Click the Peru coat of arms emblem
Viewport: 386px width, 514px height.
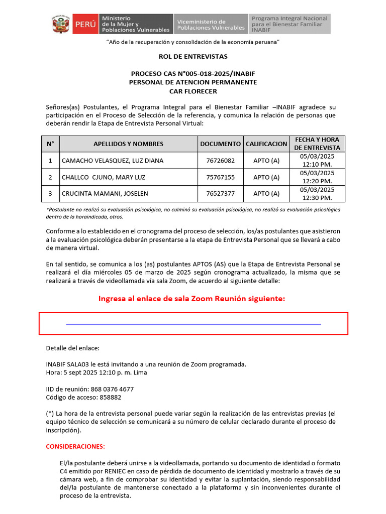pos(61,24)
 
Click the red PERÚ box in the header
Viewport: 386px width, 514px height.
pos(85,24)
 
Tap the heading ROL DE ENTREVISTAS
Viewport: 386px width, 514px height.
pos(193,56)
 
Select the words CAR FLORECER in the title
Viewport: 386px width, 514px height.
pos(193,91)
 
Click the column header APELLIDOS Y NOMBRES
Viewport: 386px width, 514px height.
pos(128,144)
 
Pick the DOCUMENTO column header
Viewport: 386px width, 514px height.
pos(220,144)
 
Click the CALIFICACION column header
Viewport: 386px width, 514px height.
pos(266,144)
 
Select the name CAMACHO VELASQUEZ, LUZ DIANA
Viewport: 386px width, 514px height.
pos(112,161)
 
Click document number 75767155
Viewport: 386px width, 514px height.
pos(220,177)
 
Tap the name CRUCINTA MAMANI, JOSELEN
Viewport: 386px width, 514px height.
pos(105,193)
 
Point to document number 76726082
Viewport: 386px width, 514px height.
pos(220,161)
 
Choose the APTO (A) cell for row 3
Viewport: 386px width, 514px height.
pos(266,193)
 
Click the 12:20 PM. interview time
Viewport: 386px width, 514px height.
pos(317,181)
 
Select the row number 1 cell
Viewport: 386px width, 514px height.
pos(50,161)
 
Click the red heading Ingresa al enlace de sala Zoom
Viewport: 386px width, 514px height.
pos(191,299)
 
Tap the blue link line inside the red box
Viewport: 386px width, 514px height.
pos(193,324)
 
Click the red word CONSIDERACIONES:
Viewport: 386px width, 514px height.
pos(75,446)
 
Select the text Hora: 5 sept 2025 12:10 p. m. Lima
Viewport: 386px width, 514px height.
pos(96,372)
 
